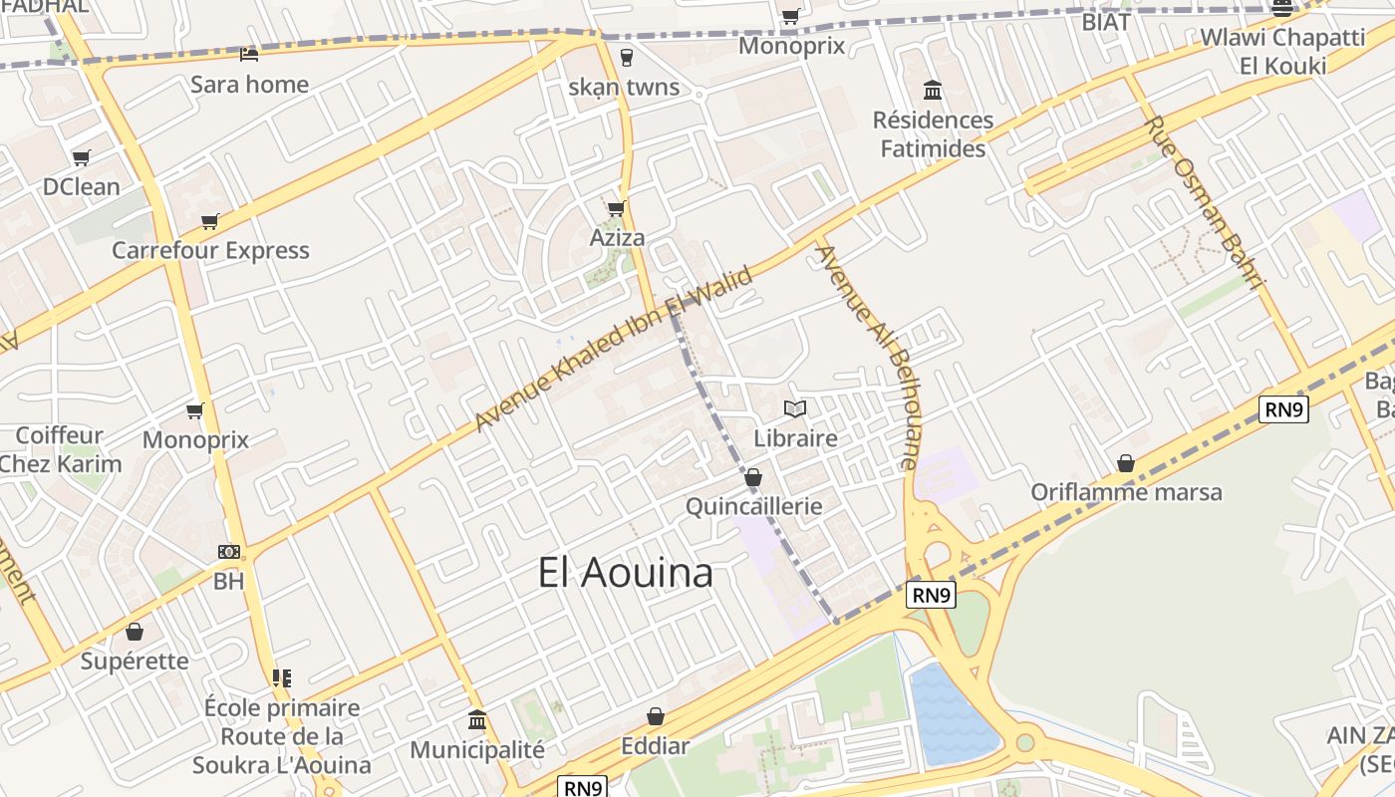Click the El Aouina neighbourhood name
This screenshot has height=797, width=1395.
[626, 573]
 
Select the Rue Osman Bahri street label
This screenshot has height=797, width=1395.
[1204, 202]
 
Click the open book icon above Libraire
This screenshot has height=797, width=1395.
[795, 408]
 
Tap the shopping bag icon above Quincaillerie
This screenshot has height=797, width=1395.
[753, 478]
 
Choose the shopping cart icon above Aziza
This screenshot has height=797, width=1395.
[616, 208]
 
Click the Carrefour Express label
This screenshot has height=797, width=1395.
[210, 250]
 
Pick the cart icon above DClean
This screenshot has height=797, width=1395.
[82, 157]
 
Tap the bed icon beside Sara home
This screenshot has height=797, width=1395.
[249, 54]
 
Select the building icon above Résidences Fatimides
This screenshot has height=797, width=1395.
[933, 91]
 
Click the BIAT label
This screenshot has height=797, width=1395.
[1106, 22]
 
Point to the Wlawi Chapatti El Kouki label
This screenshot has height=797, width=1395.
[1282, 52]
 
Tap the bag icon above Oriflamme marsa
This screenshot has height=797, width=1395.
[1126, 463]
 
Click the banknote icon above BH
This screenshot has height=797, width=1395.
[229, 552]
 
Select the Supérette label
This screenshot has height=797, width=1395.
[135, 661]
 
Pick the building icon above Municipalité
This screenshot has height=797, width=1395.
[477, 720]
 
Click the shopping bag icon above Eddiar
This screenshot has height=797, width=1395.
[656, 716]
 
